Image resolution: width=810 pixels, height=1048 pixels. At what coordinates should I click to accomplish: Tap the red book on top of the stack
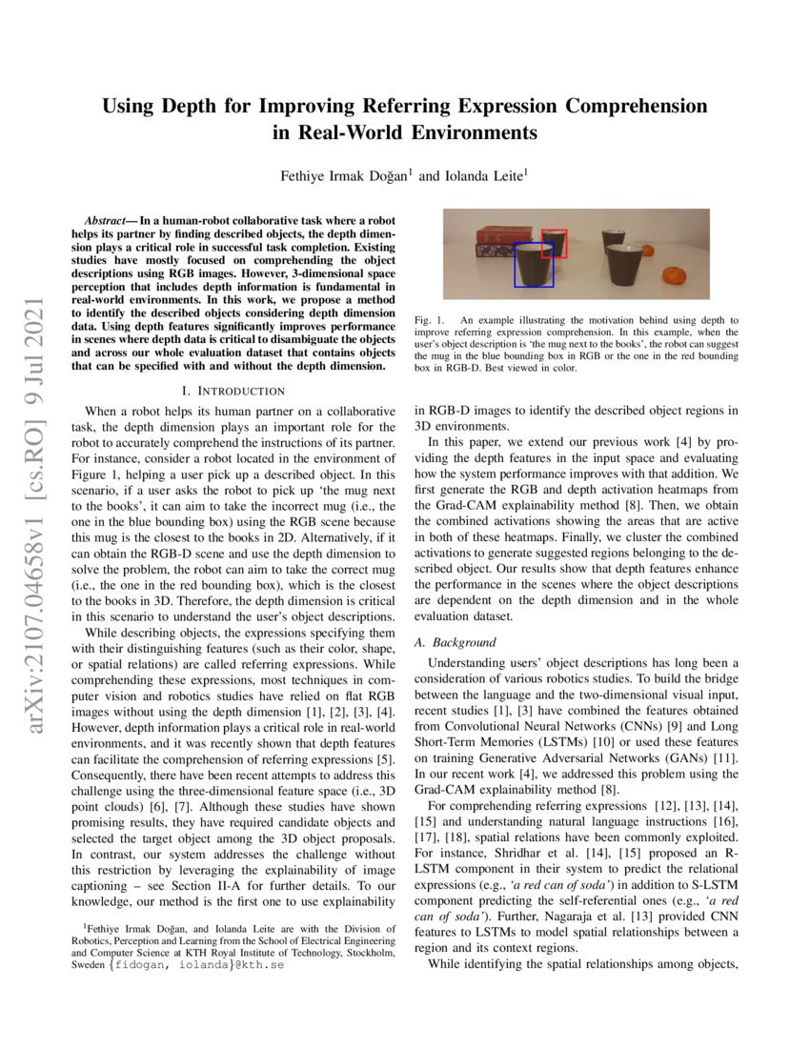504,234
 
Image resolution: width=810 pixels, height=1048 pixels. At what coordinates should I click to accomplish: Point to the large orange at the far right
676,276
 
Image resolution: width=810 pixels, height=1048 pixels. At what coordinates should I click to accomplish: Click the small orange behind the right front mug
648,252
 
